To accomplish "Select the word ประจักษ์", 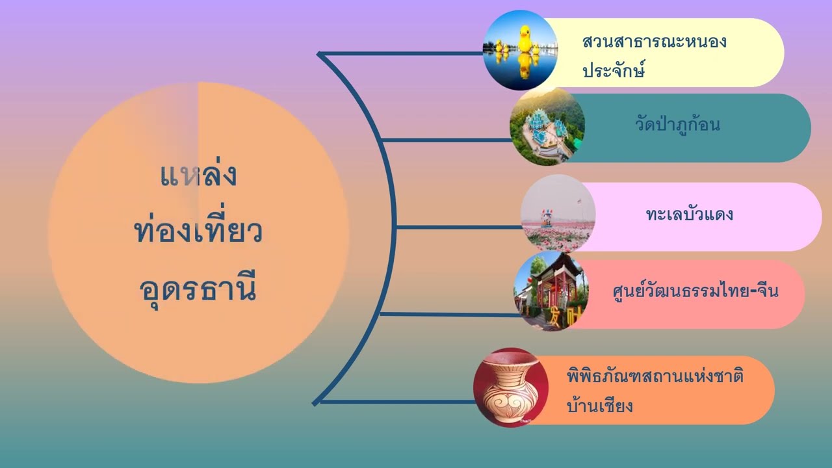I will pos(614,70).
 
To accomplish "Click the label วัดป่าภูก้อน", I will pos(677,124).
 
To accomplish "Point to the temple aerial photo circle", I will pos(547,128).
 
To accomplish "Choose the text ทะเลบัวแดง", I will pos(690,214).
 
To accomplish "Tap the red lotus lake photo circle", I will pos(558,213).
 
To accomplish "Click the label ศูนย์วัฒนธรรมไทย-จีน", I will pos(695,291).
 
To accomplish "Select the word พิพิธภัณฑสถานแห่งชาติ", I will pos(655,377).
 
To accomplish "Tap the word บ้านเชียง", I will pos(599,406).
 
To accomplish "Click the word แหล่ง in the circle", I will pos(198,176).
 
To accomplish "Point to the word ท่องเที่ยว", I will pos(198,232).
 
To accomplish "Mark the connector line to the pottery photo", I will pos(396,402).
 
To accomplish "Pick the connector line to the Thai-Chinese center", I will pos(448,314).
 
